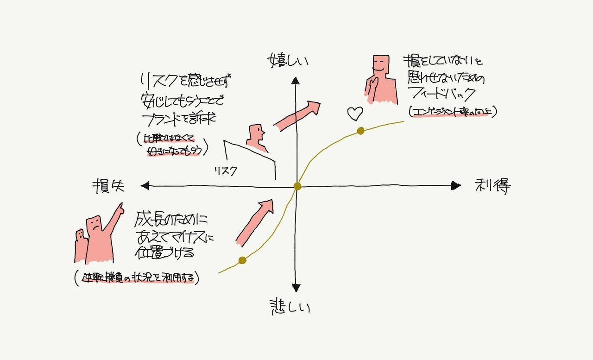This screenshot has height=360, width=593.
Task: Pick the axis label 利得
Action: coord(493,186)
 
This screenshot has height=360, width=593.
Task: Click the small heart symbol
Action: coord(355,113)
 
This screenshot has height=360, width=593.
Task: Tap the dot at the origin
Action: coord(297,186)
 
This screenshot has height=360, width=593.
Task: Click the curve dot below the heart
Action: coord(360,131)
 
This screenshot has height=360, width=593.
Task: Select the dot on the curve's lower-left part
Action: coord(242,260)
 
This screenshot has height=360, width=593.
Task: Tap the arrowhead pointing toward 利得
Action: coord(456,186)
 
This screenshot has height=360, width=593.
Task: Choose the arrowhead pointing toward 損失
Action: coord(145,186)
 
